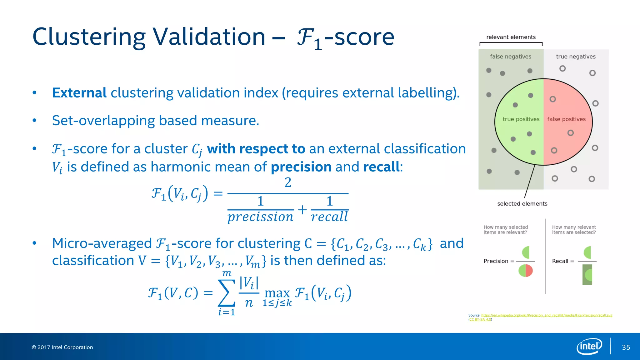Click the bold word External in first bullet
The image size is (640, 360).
(79, 93)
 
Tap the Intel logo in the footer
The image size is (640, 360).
(589, 346)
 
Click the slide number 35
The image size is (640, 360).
(626, 347)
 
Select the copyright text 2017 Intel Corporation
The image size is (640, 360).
(62, 347)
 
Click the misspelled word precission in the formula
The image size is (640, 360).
(260, 217)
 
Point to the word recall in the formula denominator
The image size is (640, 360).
(329, 217)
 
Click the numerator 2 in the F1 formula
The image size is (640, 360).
(288, 182)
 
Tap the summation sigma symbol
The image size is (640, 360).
(227, 293)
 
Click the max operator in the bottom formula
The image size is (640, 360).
(277, 293)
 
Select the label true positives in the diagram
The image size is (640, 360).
(521, 119)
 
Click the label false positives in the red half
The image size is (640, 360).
(566, 119)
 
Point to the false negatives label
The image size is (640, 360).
(510, 57)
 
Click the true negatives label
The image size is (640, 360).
(576, 57)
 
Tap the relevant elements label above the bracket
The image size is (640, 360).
(511, 37)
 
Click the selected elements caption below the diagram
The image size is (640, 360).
(522, 204)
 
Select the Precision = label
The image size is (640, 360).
(499, 261)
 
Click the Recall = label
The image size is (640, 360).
(563, 261)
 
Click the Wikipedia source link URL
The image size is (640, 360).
(547, 315)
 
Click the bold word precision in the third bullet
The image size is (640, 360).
(301, 167)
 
